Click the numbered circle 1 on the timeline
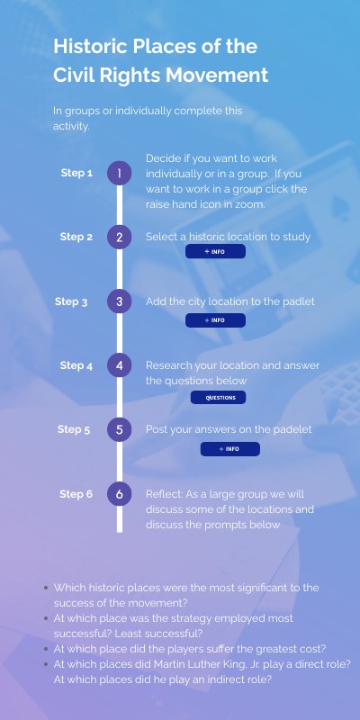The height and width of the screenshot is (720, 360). point(120,173)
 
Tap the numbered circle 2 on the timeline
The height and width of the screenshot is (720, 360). point(120,237)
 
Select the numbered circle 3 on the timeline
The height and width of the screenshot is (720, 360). point(120,301)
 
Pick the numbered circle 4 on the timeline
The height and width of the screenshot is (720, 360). point(120,365)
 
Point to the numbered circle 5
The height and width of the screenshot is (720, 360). point(120,430)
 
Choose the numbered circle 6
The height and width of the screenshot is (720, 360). point(120,494)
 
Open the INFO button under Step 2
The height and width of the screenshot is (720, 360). point(215,252)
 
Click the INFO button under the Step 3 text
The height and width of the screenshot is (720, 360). point(215,320)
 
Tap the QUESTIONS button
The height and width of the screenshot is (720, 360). point(218,398)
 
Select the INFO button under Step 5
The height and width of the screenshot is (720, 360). point(230,449)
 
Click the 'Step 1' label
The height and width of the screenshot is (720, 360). point(76,173)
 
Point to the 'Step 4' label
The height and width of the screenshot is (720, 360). point(76,365)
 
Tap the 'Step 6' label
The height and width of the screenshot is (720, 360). point(76,494)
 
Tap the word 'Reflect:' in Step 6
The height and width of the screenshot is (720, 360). point(165,494)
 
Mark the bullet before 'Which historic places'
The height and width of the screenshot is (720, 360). point(46,588)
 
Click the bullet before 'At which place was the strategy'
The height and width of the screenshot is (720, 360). point(46,618)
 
